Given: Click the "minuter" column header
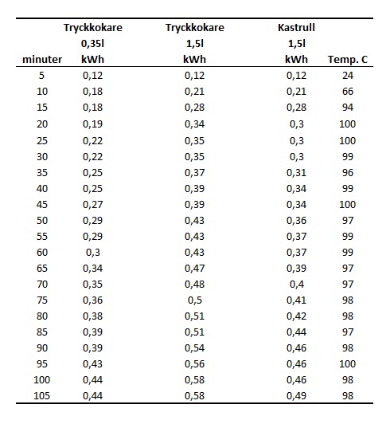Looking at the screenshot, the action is point(42,60).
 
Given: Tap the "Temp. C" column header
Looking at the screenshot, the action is point(348,60).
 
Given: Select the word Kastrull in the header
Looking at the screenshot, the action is point(296,28).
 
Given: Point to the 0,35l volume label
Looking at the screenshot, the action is point(92,44).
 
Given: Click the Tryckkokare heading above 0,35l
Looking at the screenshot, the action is point(93,28).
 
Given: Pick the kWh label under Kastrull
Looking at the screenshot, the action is point(296,60).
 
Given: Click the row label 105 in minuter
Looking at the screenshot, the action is point(42,396).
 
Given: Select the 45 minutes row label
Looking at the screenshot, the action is point(42,204).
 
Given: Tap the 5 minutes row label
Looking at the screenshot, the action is point(41,75).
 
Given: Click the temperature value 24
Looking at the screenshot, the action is point(348,75).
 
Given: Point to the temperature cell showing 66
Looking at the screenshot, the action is point(348,92).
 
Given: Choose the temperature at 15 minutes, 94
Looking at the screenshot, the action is point(348,108).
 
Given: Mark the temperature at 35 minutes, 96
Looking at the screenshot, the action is point(348,172).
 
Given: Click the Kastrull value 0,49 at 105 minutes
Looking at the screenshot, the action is point(296,396).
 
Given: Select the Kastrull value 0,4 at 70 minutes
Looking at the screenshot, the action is point(297,285).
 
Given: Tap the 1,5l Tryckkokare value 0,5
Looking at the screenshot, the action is point(195,300).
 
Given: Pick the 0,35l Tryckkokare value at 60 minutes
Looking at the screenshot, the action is point(93,253).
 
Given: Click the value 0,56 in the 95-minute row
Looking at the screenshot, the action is point(194,364).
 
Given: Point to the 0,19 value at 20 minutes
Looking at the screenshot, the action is point(92,124).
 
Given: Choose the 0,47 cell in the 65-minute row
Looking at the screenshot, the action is point(194,269).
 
